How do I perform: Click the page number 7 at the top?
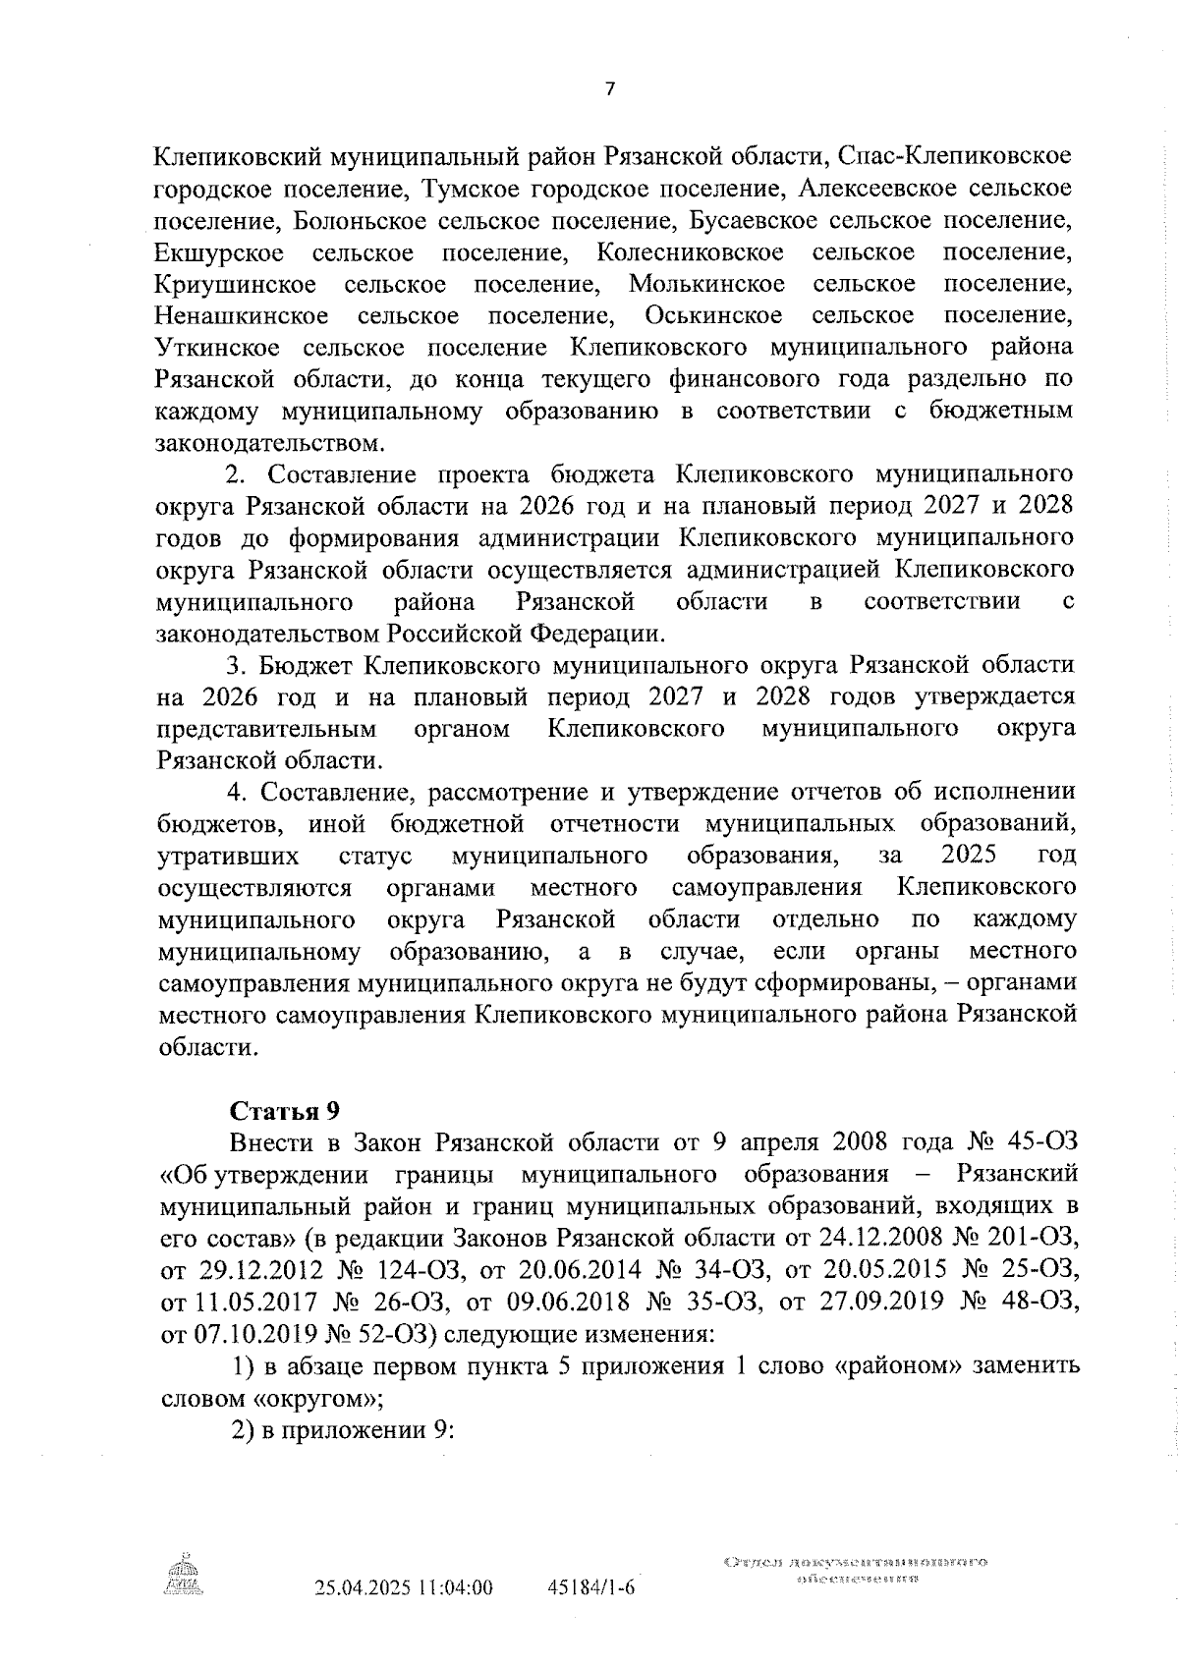[609, 89]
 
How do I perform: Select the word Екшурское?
[219, 252]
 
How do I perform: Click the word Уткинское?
[214, 348]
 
